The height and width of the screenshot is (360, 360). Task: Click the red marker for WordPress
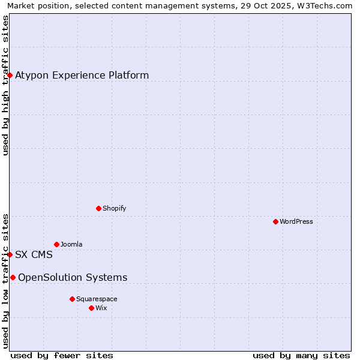275,221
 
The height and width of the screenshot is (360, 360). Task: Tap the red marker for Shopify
98,208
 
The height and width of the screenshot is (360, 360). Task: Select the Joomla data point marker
56,244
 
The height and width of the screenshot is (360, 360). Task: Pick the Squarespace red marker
72,299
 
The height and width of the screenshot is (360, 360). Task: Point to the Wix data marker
91,308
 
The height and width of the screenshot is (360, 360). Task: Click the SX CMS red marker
10,254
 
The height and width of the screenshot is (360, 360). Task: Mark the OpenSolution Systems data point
13,277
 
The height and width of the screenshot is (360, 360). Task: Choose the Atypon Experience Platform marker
10,75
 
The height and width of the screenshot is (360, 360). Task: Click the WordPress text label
296,221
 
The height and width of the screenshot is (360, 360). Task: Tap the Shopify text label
114,208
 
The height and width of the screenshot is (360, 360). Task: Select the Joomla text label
71,244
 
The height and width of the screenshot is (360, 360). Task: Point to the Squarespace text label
97,299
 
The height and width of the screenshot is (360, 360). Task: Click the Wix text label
101,308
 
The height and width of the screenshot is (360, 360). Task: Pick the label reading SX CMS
34,254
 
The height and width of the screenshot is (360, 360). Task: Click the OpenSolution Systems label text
73,277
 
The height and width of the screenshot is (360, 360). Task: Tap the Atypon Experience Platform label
82,75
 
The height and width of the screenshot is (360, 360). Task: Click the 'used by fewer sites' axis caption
62,355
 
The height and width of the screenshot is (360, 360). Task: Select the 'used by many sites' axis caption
301,355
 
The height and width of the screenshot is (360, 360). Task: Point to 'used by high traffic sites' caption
5,85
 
